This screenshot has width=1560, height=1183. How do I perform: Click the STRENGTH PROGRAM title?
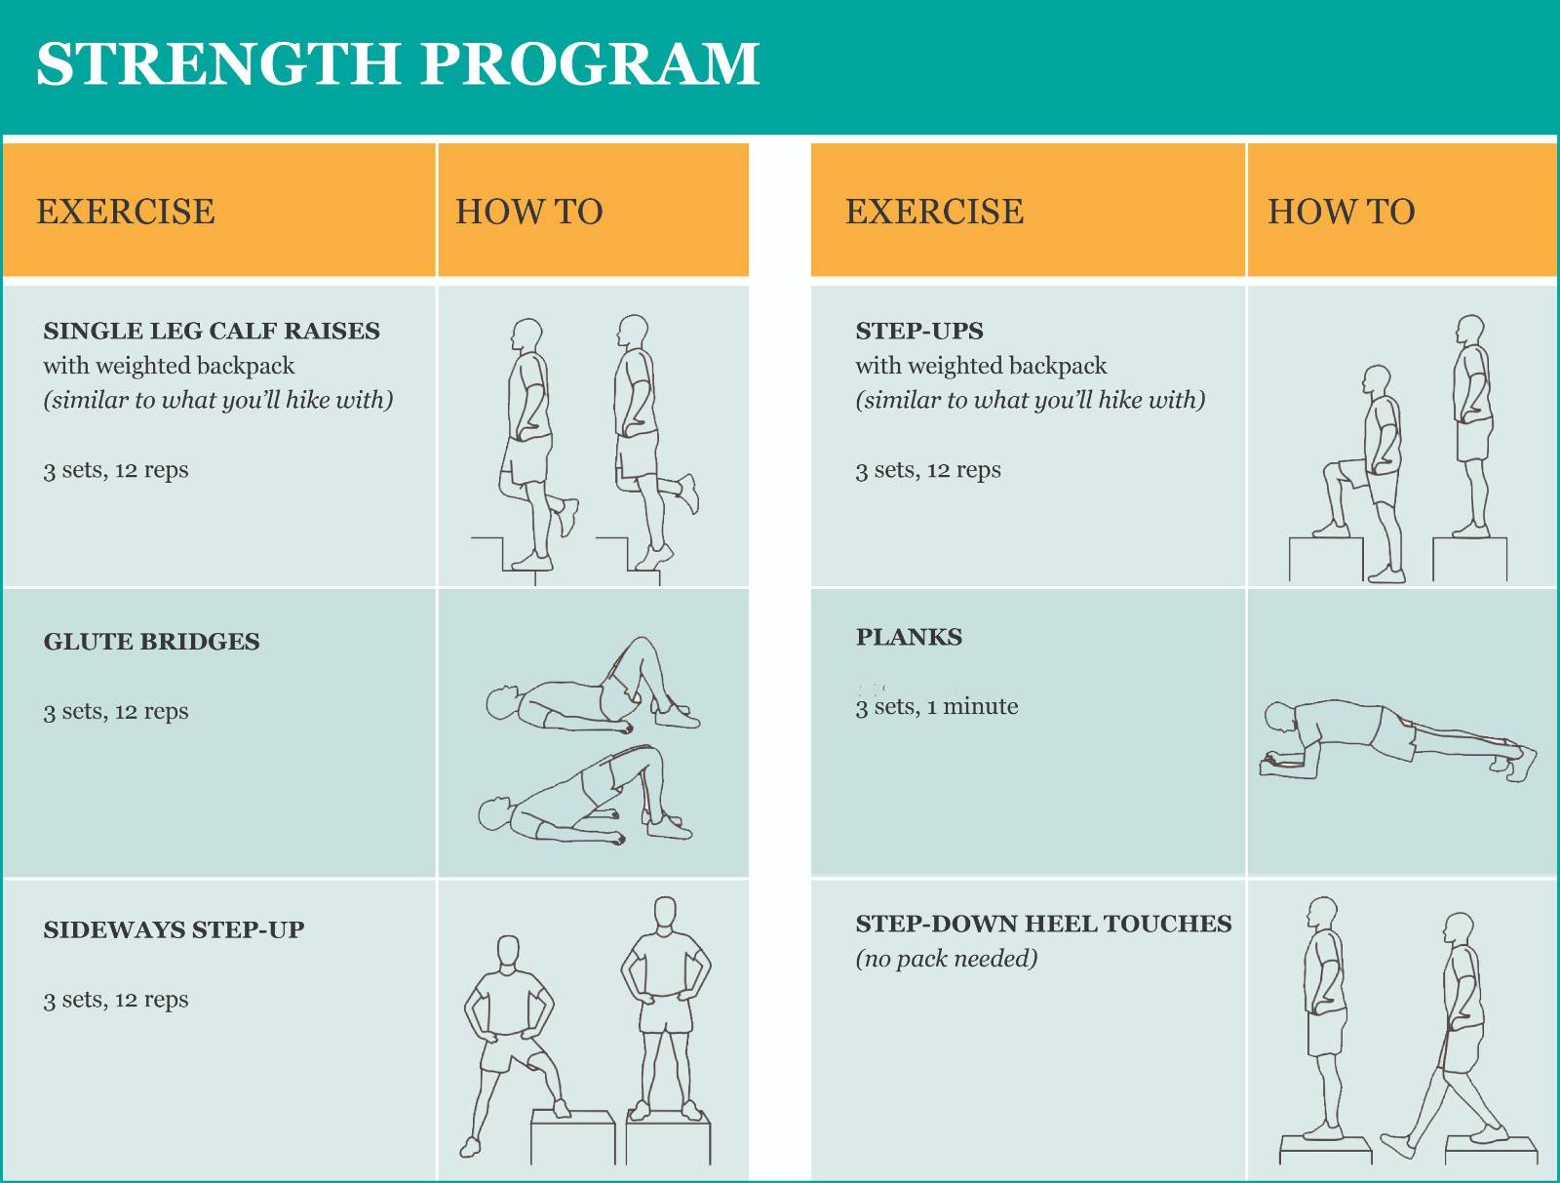point(398,64)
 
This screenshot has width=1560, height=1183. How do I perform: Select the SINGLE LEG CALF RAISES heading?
point(212,331)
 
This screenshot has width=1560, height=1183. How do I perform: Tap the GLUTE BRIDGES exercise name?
point(151,642)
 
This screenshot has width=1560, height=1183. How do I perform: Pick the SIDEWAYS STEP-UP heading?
point(175,929)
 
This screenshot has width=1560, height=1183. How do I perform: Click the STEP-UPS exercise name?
point(919,331)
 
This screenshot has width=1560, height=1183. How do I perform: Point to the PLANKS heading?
point(909,637)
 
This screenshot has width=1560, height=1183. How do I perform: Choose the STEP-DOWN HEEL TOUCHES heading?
point(1043,924)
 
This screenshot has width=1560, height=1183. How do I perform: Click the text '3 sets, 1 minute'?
point(937,707)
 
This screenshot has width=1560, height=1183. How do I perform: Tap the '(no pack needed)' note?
point(947,959)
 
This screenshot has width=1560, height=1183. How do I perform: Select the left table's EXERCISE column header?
point(126,212)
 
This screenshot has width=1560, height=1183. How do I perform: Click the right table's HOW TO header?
point(1341,212)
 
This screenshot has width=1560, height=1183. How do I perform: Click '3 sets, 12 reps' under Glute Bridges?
point(116,712)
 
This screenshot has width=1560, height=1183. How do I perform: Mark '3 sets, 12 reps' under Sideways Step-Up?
point(116,1001)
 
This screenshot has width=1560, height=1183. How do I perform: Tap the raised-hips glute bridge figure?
point(585,795)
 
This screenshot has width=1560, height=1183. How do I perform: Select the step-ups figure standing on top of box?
point(1472,426)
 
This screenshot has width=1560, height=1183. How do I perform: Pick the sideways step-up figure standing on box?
point(666,1008)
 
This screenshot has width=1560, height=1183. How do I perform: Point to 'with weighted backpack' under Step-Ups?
point(981,366)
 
